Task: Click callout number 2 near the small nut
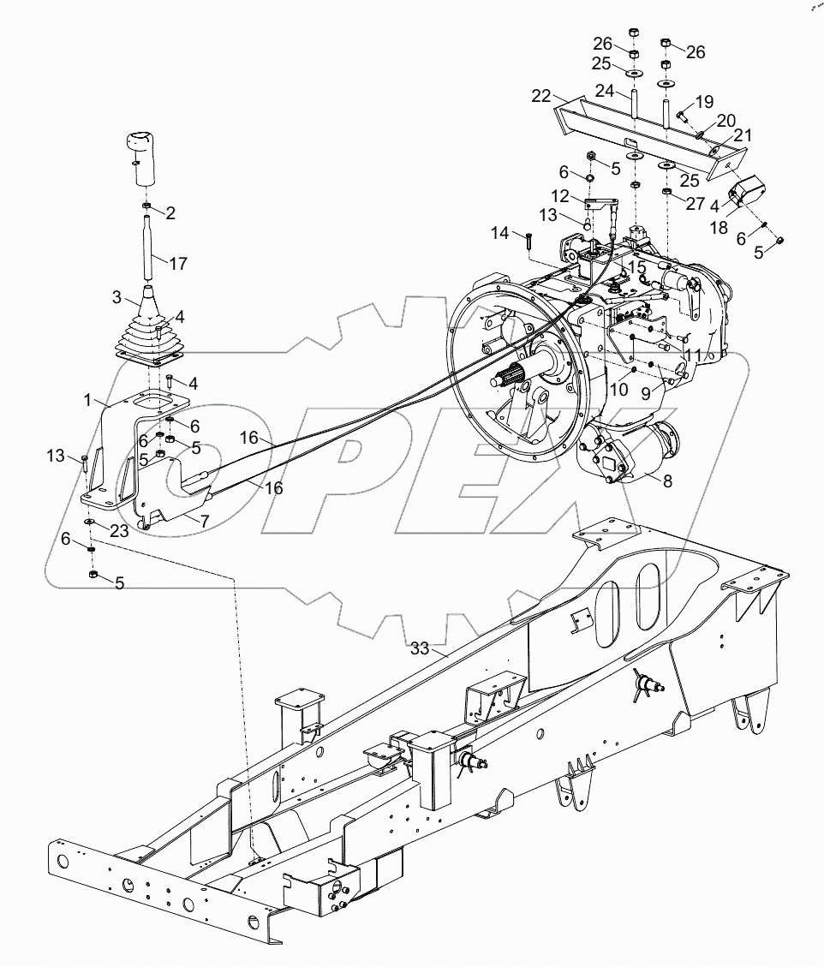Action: (x=170, y=213)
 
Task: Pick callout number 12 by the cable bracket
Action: (x=559, y=196)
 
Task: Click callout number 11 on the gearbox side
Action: (x=691, y=354)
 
